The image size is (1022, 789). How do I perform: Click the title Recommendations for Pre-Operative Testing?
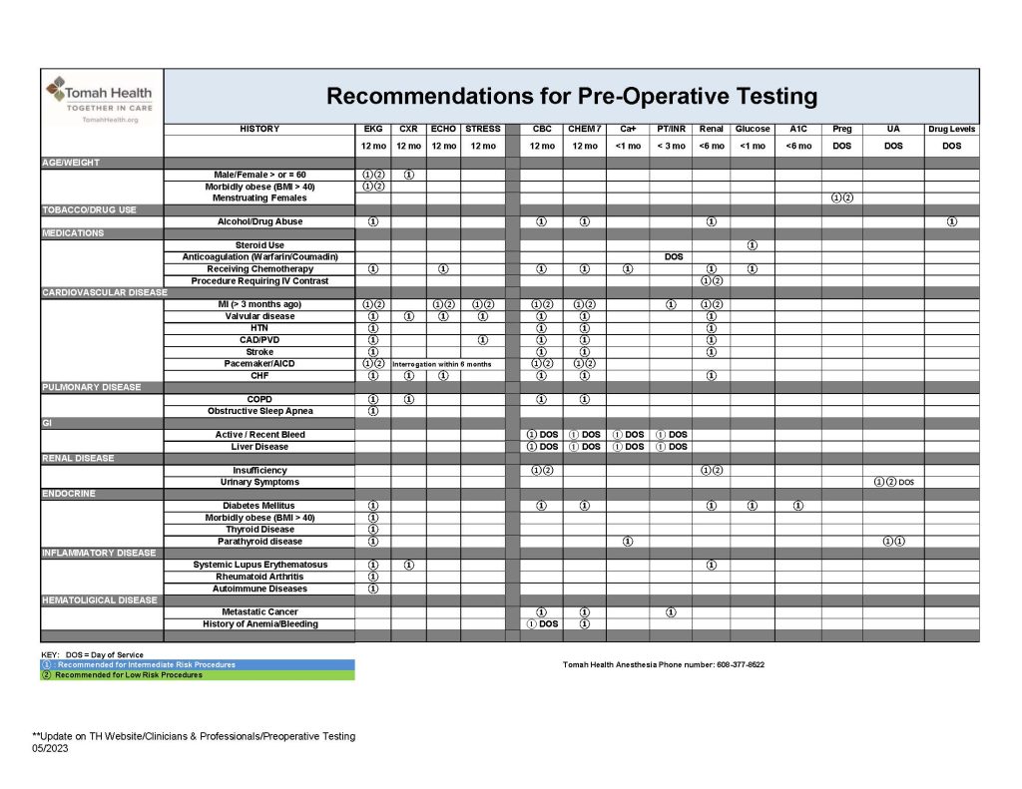click(572, 97)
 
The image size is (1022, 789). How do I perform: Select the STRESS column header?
click(483, 129)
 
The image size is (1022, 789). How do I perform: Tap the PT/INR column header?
click(671, 129)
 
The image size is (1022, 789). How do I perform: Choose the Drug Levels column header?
click(951, 129)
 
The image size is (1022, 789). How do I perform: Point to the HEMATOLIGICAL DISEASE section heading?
click(99, 600)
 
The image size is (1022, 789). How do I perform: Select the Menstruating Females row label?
click(259, 197)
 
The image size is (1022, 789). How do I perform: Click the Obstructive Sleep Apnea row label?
click(259, 411)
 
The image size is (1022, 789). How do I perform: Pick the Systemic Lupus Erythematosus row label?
click(259, 565)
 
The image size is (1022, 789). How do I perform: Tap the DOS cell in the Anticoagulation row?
click(673, 257)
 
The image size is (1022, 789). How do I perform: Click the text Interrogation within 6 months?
click(442, 364)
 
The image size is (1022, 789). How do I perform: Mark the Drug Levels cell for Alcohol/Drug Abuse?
click(951, 221)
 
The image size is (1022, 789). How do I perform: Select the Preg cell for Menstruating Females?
click(841, 197)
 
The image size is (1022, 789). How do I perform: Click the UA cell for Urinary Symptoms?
click(893, 482)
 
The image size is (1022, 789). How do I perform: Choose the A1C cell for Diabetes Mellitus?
click(798, 506)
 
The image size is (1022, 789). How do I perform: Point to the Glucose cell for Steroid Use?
click(753, 245)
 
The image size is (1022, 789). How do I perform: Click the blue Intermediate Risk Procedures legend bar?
click(198, 664)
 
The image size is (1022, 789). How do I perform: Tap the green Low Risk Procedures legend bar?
click(198, 675)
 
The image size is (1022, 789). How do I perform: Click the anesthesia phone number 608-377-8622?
click(733, 665)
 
